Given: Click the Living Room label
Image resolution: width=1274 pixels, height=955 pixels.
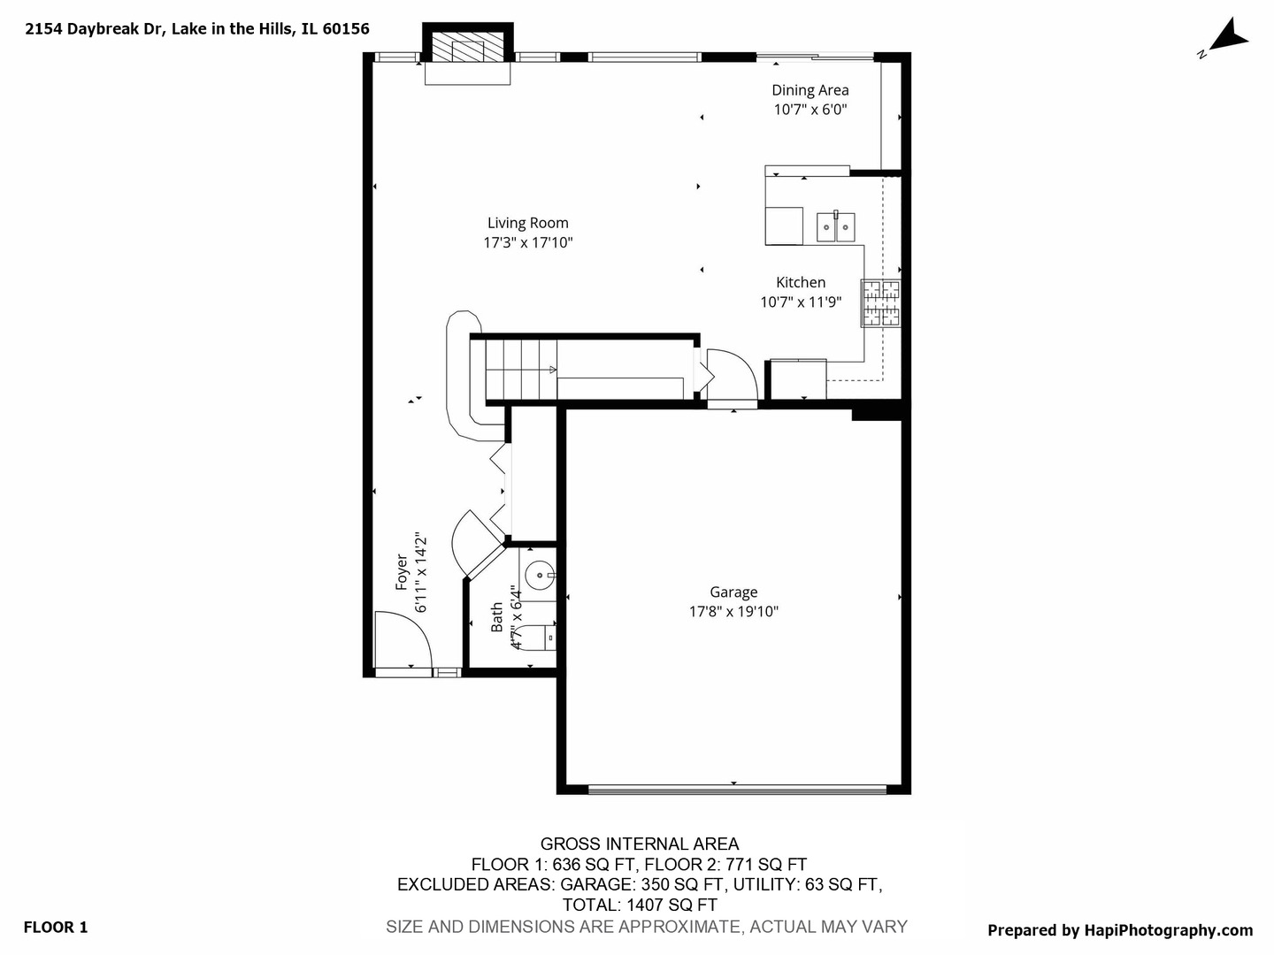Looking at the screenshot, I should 527,223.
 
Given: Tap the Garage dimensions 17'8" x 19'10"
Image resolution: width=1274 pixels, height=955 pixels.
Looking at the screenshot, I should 733,612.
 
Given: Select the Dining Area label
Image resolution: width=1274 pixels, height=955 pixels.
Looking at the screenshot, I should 810,89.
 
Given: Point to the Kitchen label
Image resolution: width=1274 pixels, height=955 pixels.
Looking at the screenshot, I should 801,282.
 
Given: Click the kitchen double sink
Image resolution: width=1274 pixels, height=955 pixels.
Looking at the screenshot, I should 834,226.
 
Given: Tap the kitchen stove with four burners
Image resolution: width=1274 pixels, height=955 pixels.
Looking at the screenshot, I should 881,303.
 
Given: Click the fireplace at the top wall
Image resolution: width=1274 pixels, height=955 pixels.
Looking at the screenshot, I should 468,49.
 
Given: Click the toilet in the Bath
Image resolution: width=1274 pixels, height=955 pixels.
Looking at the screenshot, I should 534,636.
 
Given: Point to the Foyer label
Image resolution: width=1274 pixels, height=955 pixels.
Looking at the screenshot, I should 402,572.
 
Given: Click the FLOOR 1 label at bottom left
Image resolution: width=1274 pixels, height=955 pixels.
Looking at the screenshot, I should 55,927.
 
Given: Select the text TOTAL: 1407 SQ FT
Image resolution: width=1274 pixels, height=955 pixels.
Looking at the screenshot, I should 639,905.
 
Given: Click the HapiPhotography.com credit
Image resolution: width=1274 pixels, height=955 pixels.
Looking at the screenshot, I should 1119,929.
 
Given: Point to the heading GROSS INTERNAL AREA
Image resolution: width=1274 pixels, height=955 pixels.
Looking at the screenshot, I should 639,844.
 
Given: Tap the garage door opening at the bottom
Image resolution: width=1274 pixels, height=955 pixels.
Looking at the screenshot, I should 737,789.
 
